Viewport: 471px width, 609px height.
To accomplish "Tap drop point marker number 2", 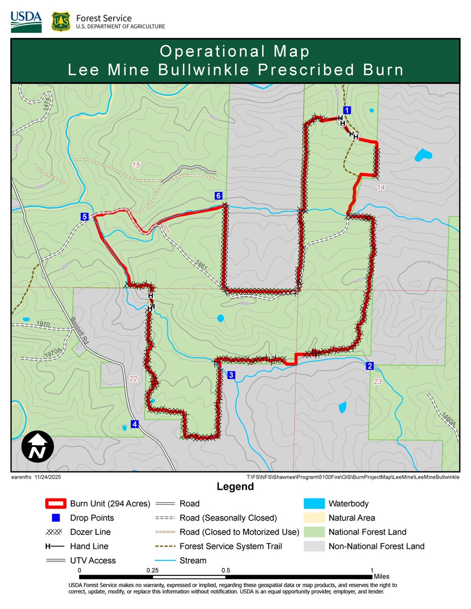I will click(370, 366).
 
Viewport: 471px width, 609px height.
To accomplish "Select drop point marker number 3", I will click(231, 375).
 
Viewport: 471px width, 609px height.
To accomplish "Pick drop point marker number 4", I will click(135, 424).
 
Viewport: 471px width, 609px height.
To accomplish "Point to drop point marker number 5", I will click(85, 217).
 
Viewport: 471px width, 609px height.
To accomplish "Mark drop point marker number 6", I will click(217, 196).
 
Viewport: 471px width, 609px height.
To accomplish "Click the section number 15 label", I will click(135, 165).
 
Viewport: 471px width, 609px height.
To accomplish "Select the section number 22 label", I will click(133, 379).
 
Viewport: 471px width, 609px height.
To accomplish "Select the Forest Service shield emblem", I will click(61, 22).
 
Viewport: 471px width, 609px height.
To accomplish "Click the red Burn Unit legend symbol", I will click(55, 504).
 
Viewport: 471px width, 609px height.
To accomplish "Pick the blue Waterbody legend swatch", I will click(313, 504).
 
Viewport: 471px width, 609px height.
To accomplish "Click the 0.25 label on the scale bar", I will click(152, 570).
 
